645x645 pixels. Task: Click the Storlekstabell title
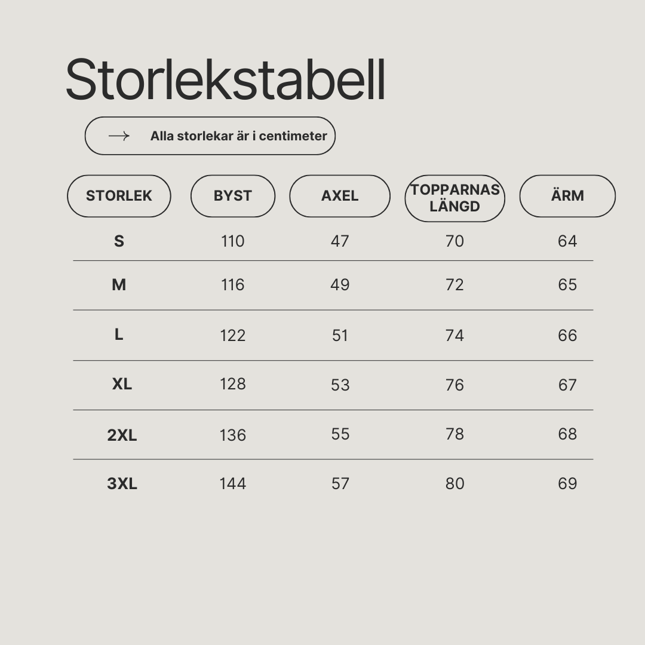pyautogui.click(x=225, y=79)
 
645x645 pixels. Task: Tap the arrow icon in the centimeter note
pyautogui.click(x=119, y=136)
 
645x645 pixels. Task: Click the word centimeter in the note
pyautogui.click(x=293, y=136)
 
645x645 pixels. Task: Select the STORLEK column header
pyautogui.click(x=119, y=196)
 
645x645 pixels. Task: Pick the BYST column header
pyautogui.click(x=233, y=196)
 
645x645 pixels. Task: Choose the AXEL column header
pyautogui.click(x=340, y=196)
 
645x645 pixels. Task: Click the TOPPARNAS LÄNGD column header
pyautogui.click(x=455, y=198)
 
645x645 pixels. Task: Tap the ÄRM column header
pyautogui.click(x=568, y=196)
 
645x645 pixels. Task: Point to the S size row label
pyautogui.click(x=119, y=241)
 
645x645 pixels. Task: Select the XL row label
pyautogui.click(x=122, y=384)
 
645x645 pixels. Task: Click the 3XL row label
pyautogui.click(x=122, y=484)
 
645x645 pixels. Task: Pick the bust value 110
pyautogui.click(x=233, y=241)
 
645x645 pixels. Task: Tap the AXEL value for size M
pyautogui.click(x=340, y=285)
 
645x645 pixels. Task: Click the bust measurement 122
pyautogui.click(x=233, y=336)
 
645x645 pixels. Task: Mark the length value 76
pyautogui.click(x=454, y=385)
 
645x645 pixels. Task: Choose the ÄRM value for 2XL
pyautogui.click(x=568, y=434)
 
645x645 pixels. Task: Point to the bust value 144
pyautogui.click(x=233, y=484)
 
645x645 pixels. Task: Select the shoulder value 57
pyautogui.click(x=340, y=484)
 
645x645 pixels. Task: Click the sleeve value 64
pyautogui.click(x=568, y=241)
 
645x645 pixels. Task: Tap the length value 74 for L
pyautogui.click(x=454, y=336)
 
